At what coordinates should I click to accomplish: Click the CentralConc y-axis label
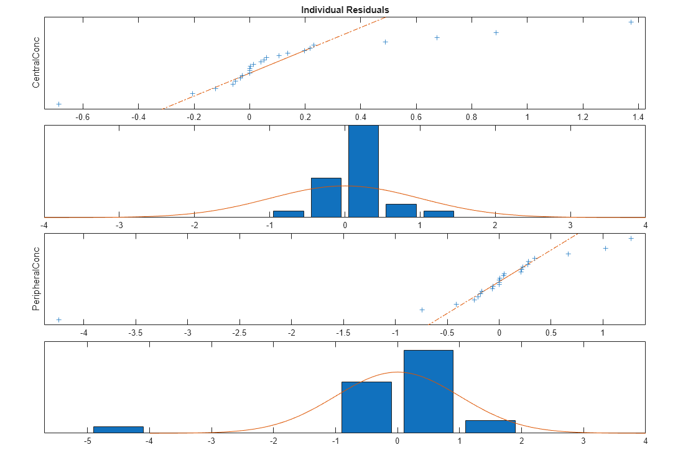pos(36,63)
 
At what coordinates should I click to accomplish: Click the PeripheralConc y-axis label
pos(36,279)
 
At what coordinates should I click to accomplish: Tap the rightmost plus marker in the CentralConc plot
pos(631,22)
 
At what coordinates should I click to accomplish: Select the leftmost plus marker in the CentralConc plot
pos(58,104)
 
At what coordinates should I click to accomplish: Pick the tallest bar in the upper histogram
pos(363,171)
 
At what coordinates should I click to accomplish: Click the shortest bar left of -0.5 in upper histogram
pos(289,213)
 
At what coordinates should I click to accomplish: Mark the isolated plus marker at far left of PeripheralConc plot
pos(58,319)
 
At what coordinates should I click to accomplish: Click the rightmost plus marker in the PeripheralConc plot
pos(631,239)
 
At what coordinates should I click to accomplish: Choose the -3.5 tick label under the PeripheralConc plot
pos(136,332)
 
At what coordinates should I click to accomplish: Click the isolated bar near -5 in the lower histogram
pos(118,429)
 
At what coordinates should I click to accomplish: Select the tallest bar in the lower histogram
pos(429,391)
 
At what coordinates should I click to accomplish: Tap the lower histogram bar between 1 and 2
pos(490,426)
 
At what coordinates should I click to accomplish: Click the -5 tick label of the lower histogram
pos(87,441)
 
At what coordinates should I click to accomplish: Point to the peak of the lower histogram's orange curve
pos(398,372)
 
